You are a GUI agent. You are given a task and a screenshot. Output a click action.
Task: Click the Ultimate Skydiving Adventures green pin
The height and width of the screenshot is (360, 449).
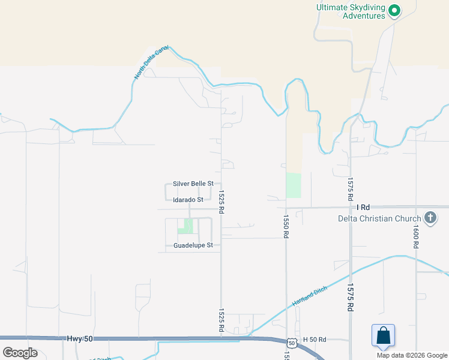394,10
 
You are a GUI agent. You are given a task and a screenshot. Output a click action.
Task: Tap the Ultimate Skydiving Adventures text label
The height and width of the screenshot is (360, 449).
351,11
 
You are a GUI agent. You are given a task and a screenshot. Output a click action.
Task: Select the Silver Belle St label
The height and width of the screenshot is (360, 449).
193,184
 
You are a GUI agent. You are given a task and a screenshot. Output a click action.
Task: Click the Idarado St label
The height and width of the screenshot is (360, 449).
188,199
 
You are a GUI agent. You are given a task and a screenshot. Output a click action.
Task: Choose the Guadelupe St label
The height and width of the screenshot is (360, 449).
193,245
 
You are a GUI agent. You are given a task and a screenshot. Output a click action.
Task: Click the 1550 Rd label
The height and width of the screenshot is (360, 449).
286,227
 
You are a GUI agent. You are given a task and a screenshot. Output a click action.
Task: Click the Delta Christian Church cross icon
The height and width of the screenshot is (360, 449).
430,218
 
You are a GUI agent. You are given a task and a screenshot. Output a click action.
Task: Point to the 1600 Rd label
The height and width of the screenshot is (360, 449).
415,237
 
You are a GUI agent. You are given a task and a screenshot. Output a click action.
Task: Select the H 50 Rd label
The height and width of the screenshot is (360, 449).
314,340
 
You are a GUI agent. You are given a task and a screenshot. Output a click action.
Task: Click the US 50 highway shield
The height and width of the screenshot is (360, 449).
291,343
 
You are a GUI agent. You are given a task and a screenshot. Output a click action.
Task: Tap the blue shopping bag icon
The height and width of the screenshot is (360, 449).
383,336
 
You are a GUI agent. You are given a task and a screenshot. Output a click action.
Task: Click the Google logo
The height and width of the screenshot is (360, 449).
20,352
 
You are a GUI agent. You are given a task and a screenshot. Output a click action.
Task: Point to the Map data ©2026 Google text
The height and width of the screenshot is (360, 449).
411,355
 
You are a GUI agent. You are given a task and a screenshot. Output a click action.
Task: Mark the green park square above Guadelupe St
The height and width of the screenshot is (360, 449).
185,226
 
